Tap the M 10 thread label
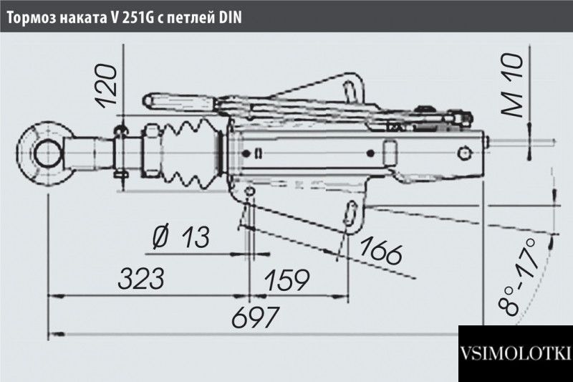[511, 85]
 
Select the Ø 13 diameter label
[181, 237]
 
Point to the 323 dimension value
[141, 279]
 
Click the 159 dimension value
[287, 280]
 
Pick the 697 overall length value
[256, 317]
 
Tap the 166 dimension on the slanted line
[380, 251]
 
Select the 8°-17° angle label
[518, 276]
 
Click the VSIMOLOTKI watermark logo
[516, 353]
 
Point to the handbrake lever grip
[179, 102]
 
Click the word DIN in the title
[230, 17]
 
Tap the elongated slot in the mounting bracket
[350, 213]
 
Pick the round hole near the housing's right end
[464, 153]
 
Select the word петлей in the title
[191, 19]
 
